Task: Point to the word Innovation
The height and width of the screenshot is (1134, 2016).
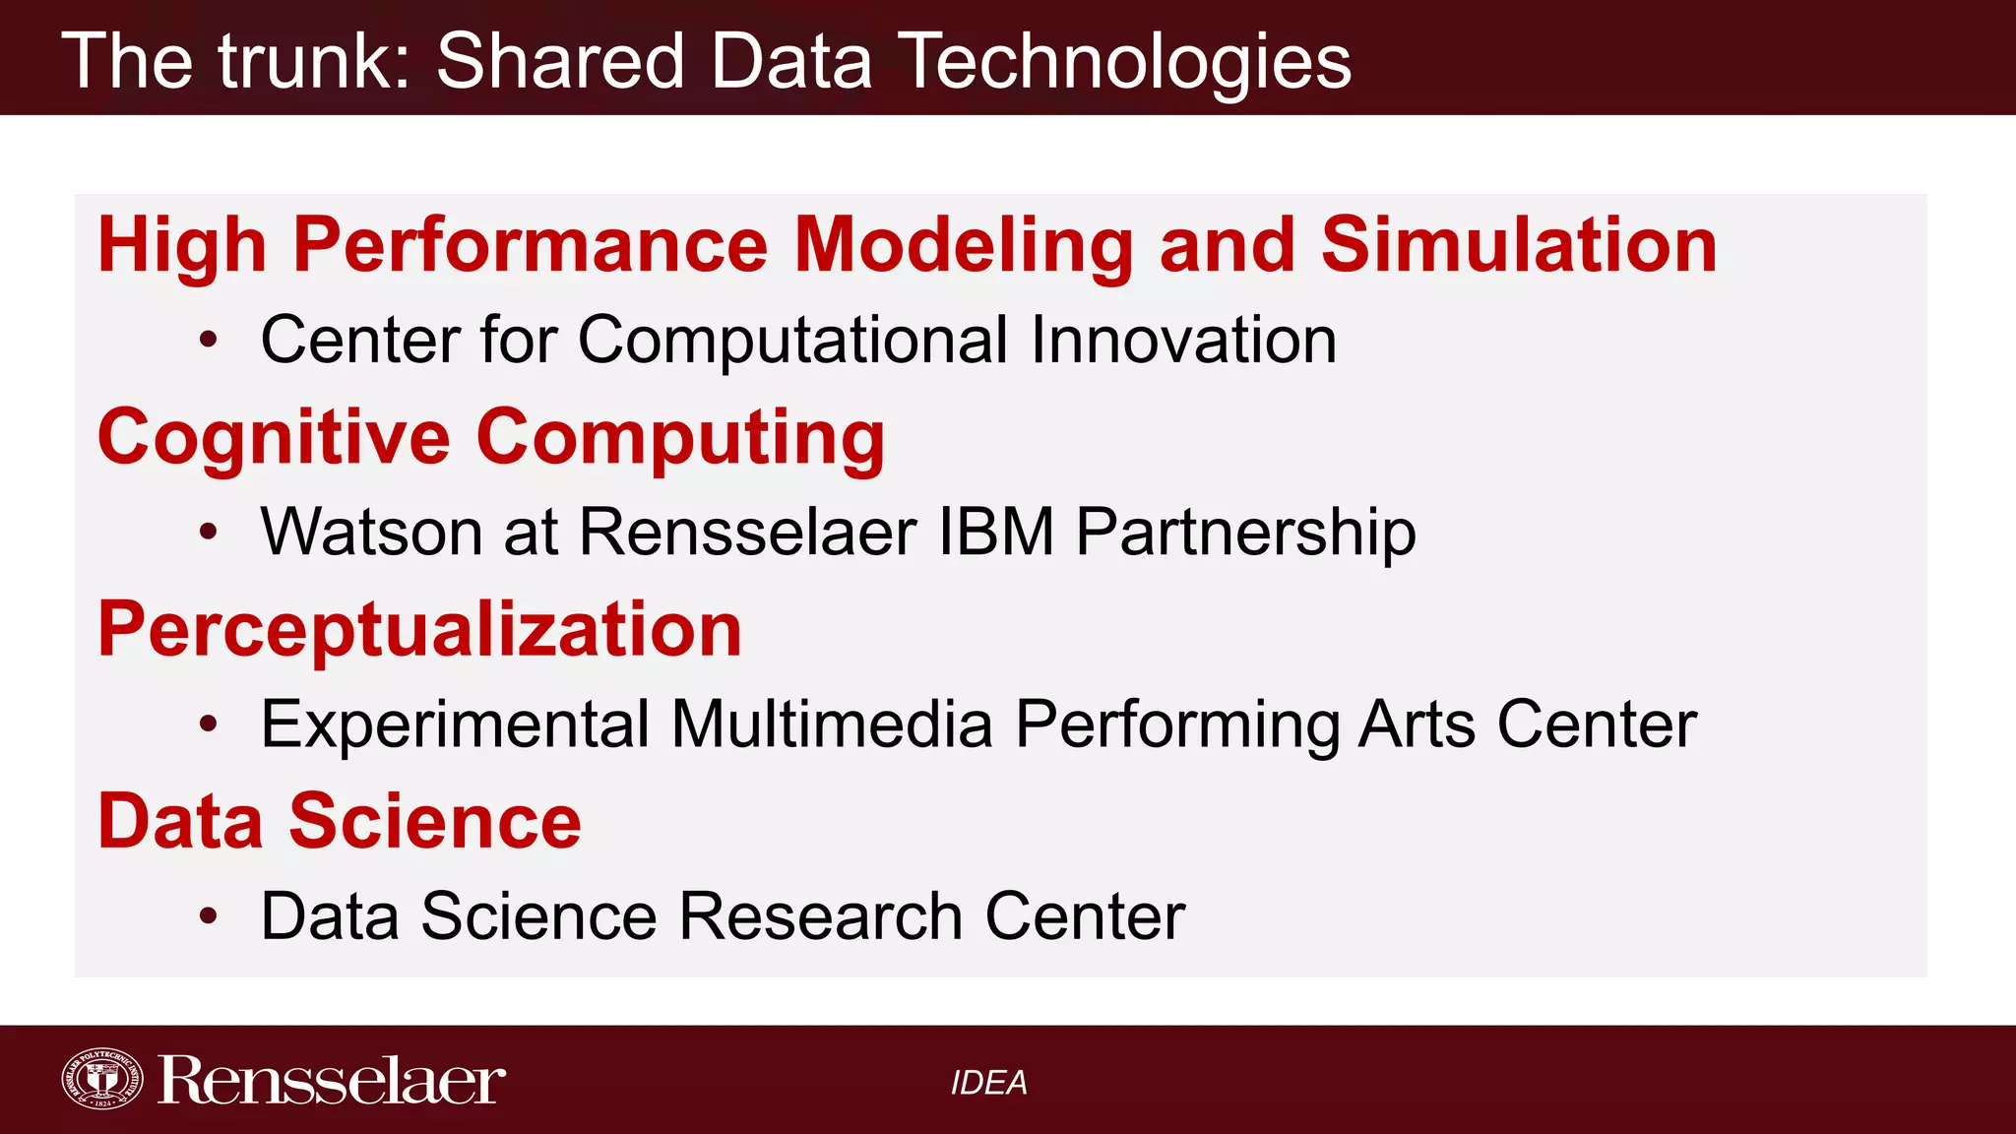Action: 1183,340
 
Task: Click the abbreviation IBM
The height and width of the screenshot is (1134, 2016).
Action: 996,532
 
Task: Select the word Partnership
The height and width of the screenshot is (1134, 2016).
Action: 1245,532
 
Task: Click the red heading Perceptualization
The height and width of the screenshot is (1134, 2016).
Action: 419,629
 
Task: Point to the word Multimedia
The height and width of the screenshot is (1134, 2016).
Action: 832,724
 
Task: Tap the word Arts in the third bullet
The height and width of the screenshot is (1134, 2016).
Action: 1417,724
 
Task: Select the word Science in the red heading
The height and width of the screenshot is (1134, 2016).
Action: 434,821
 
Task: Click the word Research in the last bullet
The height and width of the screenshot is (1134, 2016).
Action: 821,916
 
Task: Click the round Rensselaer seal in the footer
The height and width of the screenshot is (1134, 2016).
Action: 102,1079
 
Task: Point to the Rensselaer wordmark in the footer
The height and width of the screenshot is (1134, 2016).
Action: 332,1081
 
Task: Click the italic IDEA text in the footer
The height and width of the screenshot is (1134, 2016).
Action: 988,1083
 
